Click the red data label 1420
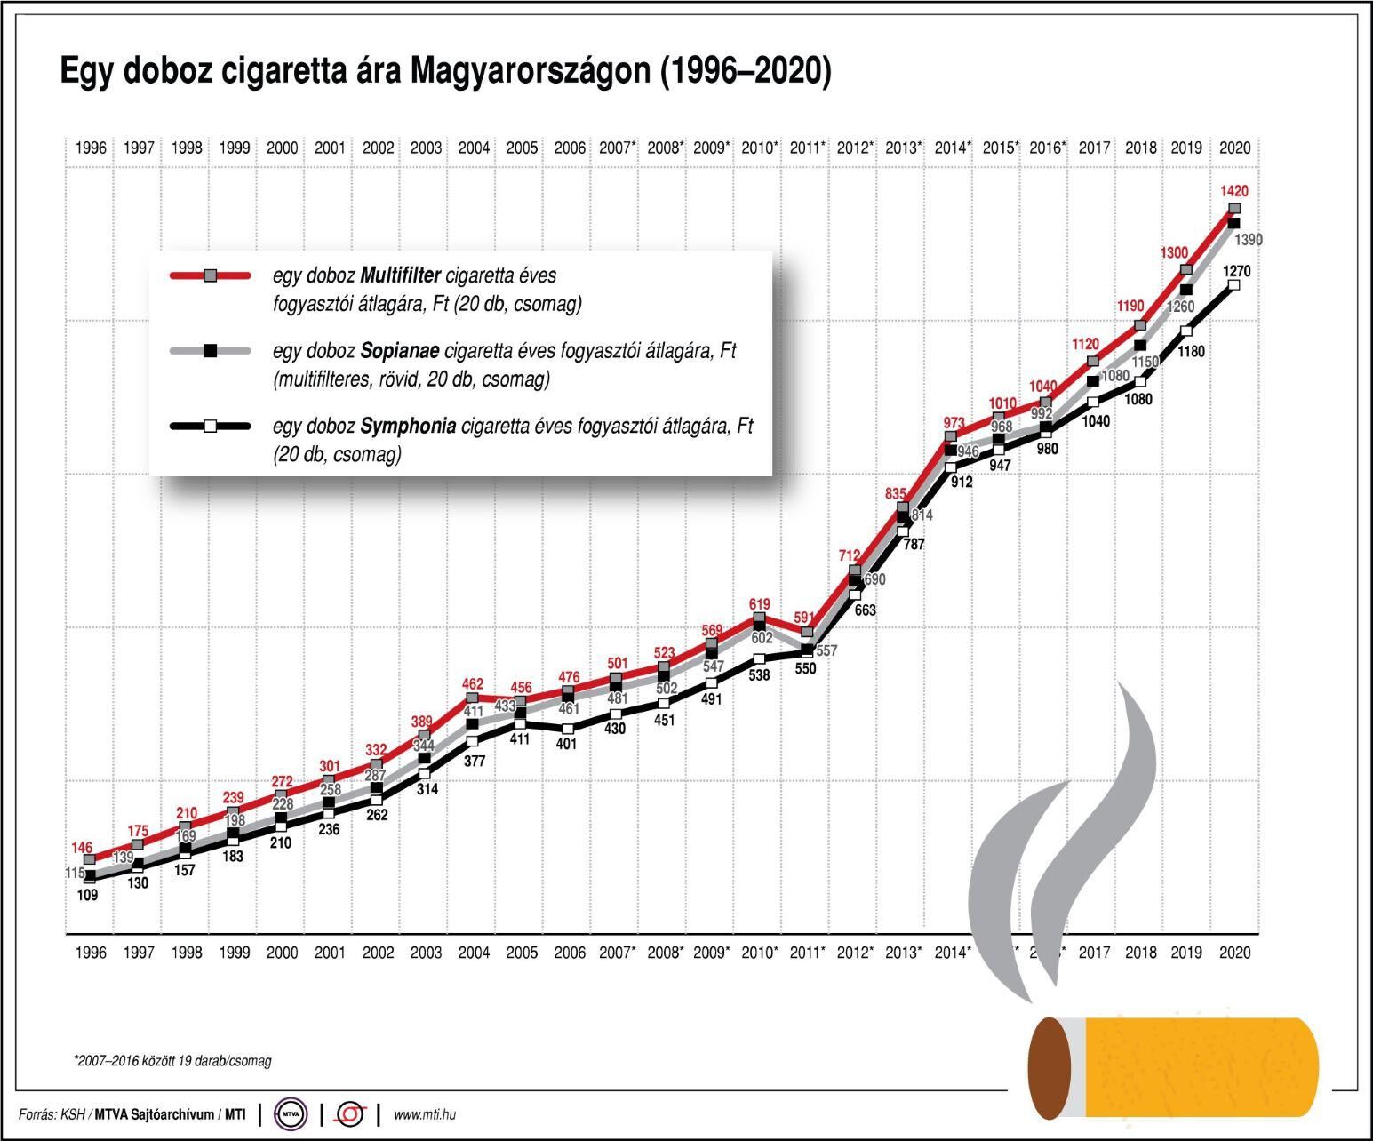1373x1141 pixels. coord(1233,190)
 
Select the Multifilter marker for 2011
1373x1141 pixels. coord(807,633)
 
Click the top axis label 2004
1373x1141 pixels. coord(474,148)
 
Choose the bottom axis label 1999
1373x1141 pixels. coord(235,953)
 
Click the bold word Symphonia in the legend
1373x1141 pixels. coord(409,427)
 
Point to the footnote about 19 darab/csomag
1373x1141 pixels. coord(172,1061)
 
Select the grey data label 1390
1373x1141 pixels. coord(1248,240)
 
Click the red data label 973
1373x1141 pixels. coord(953,422)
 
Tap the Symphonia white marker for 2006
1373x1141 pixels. coord(569,729)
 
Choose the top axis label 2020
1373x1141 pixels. coord(1235,148)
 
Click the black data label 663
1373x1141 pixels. coord(864,610)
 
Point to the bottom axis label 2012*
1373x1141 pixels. coord(857,953)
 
